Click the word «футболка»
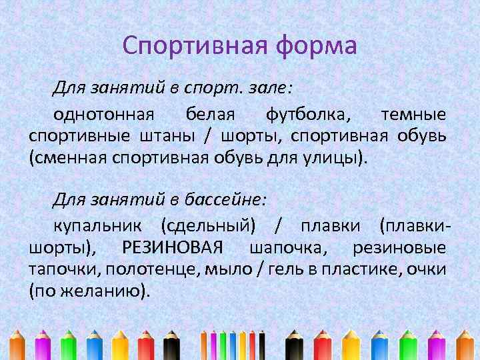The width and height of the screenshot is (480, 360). (307, 114)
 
